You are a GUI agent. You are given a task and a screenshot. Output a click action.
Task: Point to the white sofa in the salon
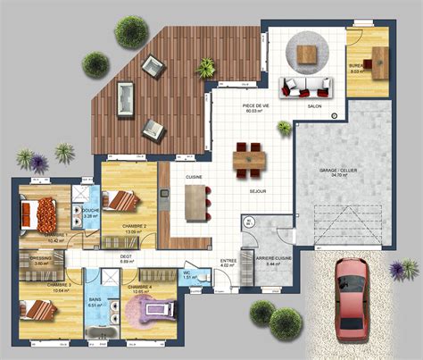(x=303, y=87)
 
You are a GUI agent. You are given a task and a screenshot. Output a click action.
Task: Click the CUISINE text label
(x=194, y=178)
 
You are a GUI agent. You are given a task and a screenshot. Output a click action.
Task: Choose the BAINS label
(x=95, y=299)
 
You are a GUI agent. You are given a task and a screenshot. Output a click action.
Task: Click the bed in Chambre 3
(x=37, y=310)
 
